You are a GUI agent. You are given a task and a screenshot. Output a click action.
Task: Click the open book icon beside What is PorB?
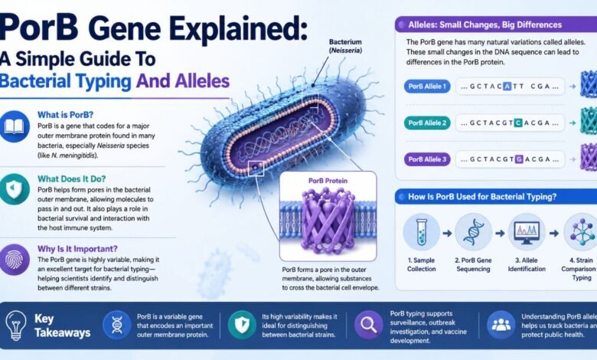[14, 127]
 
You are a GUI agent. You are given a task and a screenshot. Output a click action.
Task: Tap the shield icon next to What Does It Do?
[14, 189]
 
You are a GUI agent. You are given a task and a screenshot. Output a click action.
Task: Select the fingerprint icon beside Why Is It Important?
[14, 260]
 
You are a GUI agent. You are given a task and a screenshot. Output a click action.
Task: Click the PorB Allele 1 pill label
[427, 87]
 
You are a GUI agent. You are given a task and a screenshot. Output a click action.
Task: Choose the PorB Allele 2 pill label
[427, 123]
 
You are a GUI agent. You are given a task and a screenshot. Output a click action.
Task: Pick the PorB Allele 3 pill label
[427, 159]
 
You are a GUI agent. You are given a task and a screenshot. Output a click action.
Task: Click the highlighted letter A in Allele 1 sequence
[507, 87]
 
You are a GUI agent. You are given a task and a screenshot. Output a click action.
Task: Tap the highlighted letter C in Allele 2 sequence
[518, 123]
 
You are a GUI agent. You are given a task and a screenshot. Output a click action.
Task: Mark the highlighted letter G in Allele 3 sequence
[519, 159]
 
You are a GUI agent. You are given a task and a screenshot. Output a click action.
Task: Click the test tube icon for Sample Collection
[421, 231]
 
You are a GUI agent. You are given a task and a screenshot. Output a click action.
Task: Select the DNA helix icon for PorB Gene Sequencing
[473, 231]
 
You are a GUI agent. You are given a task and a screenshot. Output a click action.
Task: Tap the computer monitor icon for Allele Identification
[527, 231]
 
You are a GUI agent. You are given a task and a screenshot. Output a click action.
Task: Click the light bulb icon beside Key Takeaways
[16, 325]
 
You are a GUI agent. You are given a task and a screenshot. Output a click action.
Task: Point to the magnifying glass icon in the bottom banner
[369, 325]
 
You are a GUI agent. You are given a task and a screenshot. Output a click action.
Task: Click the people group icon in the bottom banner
[501, 325]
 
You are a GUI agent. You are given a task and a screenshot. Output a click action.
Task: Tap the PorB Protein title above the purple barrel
[328, 181]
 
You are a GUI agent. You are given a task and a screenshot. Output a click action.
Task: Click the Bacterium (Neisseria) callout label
[345, 46]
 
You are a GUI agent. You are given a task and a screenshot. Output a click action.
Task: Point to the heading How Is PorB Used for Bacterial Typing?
[482, 197]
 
